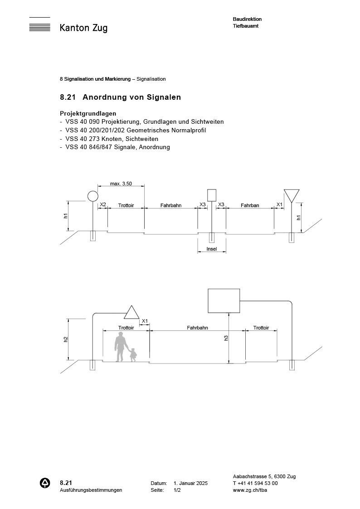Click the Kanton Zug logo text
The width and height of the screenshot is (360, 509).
coord(83,28)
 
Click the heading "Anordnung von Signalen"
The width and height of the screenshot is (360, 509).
coord(131,97)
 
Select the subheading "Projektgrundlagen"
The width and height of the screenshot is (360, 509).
coord(88,113)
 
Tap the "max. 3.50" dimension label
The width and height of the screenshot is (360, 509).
coord(121,184)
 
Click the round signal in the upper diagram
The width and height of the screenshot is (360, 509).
coord(92,196)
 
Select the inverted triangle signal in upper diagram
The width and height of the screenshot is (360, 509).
coord(291,195)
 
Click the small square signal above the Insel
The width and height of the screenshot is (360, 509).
coord(212,195)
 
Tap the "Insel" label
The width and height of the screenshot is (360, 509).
coord(212,249)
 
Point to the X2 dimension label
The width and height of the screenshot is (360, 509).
coord(103,205)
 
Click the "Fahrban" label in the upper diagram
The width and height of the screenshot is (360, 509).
coord(250,205)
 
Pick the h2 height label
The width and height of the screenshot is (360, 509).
coord(66,339)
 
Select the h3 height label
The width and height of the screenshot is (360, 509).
coord(226,338)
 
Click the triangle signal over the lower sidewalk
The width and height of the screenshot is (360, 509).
coord(132,313)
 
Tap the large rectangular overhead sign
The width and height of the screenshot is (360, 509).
coord(224,301)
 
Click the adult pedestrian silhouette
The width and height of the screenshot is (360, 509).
coord(120,347)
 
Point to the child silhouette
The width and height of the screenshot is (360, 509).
coord(133,354)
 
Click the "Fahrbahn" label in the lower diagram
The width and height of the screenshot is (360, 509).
coord(197,327)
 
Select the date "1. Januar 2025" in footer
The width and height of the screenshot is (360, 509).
coord(190,484)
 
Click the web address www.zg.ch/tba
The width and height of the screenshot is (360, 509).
coord(249,490)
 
